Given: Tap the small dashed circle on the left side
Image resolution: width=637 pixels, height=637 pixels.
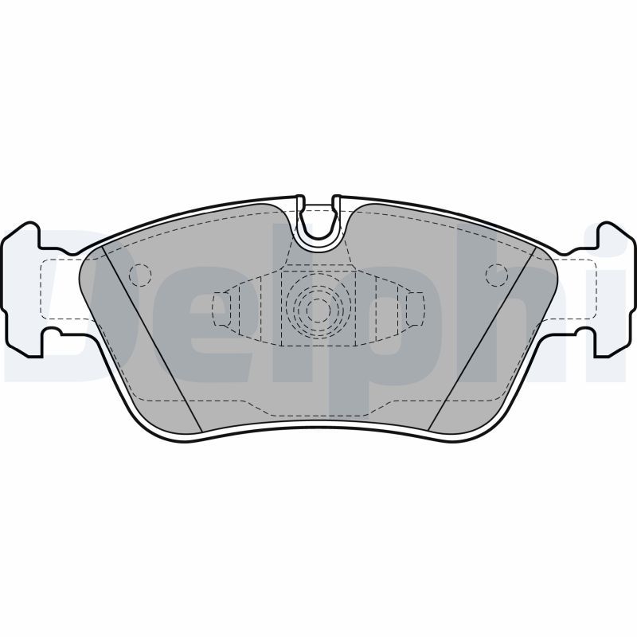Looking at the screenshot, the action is pyautogui.click(x=140, y=275).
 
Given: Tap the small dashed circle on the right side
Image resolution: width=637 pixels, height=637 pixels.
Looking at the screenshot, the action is pyautogui.click(x=496, y=275).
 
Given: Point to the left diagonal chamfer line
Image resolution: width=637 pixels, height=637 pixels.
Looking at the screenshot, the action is pyautogui.click(x=153, y=339).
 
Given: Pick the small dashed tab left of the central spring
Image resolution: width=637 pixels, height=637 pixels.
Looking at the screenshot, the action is pyautogui.click(x=222, y=309).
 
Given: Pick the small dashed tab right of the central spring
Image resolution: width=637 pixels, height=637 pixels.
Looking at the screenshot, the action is pyautogui.click(x=415, y=309).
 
